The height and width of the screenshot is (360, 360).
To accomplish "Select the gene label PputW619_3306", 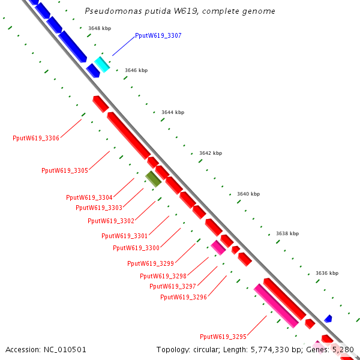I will [x=36, y=138].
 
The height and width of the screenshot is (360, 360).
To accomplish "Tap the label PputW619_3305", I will [x=65, y=171].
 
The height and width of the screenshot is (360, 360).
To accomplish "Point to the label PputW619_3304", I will [x=89, y=197].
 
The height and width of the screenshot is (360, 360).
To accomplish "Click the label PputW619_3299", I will [x=151, y=263].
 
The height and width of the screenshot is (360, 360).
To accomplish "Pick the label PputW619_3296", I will [x=184, y=297].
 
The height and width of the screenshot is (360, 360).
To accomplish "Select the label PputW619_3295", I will [x=223, y=337].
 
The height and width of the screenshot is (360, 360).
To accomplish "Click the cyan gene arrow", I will [x=102, y=64].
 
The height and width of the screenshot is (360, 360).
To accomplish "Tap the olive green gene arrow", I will [x=154, y=178].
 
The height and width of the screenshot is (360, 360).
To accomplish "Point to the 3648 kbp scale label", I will [x=99, y=28].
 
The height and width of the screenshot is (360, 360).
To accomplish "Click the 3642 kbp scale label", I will [x=210, y=153].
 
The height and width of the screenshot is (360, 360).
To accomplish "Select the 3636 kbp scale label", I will [x=326, y=273].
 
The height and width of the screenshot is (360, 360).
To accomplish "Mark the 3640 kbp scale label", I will [x=248, y=194].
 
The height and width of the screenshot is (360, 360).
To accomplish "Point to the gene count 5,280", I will [x=344, y=349].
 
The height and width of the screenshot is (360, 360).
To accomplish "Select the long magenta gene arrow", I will [x=276, y=306].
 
